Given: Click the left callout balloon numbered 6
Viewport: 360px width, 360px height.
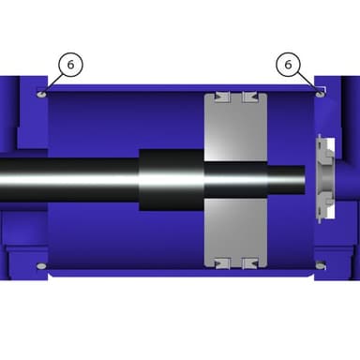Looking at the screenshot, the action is (70, 65).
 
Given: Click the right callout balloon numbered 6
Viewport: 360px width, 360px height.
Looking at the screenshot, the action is (288, 65).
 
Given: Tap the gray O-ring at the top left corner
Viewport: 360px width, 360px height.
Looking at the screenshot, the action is (41, 94).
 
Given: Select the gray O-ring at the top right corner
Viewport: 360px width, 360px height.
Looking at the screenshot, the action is (320, 94).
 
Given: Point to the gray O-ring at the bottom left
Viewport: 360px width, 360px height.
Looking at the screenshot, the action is (41, 266).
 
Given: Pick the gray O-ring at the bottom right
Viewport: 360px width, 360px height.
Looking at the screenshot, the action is (320, 266).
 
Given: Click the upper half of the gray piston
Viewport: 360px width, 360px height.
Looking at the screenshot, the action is (236, 128).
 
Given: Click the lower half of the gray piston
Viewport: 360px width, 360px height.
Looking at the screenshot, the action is (236, 232).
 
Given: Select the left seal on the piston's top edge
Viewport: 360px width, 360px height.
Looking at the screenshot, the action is (222, 97).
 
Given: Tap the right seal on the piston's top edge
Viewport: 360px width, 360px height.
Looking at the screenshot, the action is (250, 97).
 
